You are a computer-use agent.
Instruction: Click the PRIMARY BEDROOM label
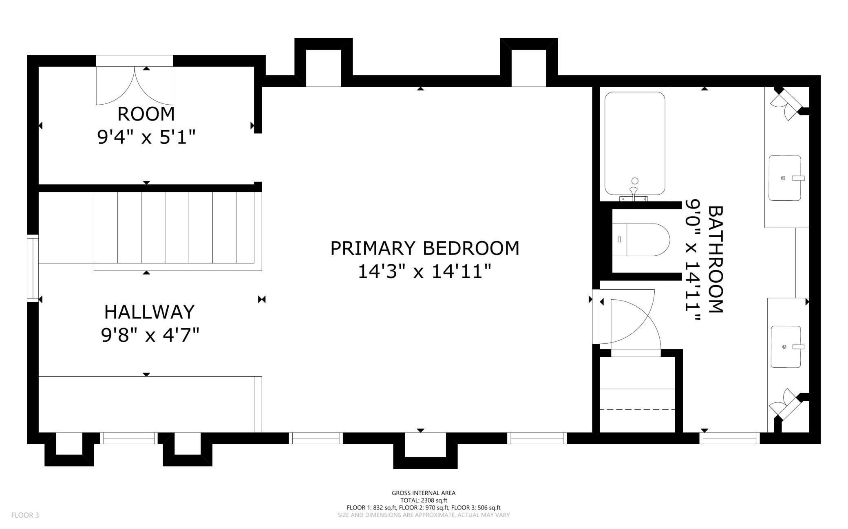[x=424, y=248]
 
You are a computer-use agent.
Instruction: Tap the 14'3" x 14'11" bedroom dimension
[x=424, y=272]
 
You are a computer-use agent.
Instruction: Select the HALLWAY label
[x=150, y=312]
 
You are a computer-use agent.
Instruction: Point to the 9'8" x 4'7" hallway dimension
[x=150, y=336]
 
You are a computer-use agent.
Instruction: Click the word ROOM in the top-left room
[x=146, y=114]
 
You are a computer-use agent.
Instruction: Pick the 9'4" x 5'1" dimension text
[x=146, y=137]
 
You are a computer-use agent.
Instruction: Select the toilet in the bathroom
[x=641, y=239]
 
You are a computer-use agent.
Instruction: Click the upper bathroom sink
[x=785, y=178]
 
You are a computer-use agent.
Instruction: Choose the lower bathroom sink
[x=786, y=347]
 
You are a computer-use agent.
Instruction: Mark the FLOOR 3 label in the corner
[x=25, y=515]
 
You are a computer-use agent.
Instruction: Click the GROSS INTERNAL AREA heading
[x=424, y=493]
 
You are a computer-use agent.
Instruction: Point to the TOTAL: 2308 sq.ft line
[x=424, y=500]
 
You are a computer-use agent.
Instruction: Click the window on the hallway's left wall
[x=33, y=268]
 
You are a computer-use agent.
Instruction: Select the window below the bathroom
[x=729, y=438]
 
